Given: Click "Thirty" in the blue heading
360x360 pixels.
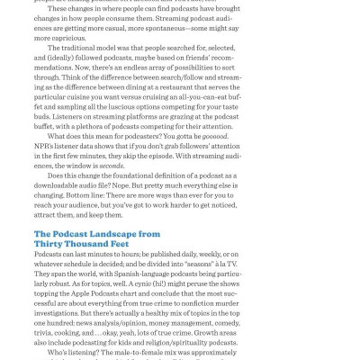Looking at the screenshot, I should pos(54,245).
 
